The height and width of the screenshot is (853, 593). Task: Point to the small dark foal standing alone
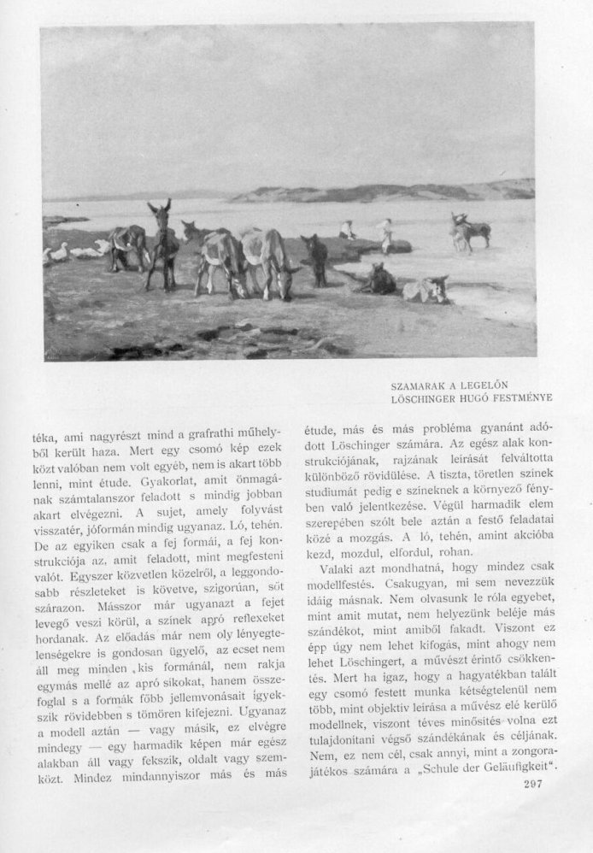pyautogui.click(x=317, y=258)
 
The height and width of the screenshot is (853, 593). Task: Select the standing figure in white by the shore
pyautogui.click(x=385, y=234)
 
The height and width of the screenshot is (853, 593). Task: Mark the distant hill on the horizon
pyautogui.click(x=385, y=191)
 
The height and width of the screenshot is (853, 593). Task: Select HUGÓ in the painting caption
pyautogui.click(x=475, y=398)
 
